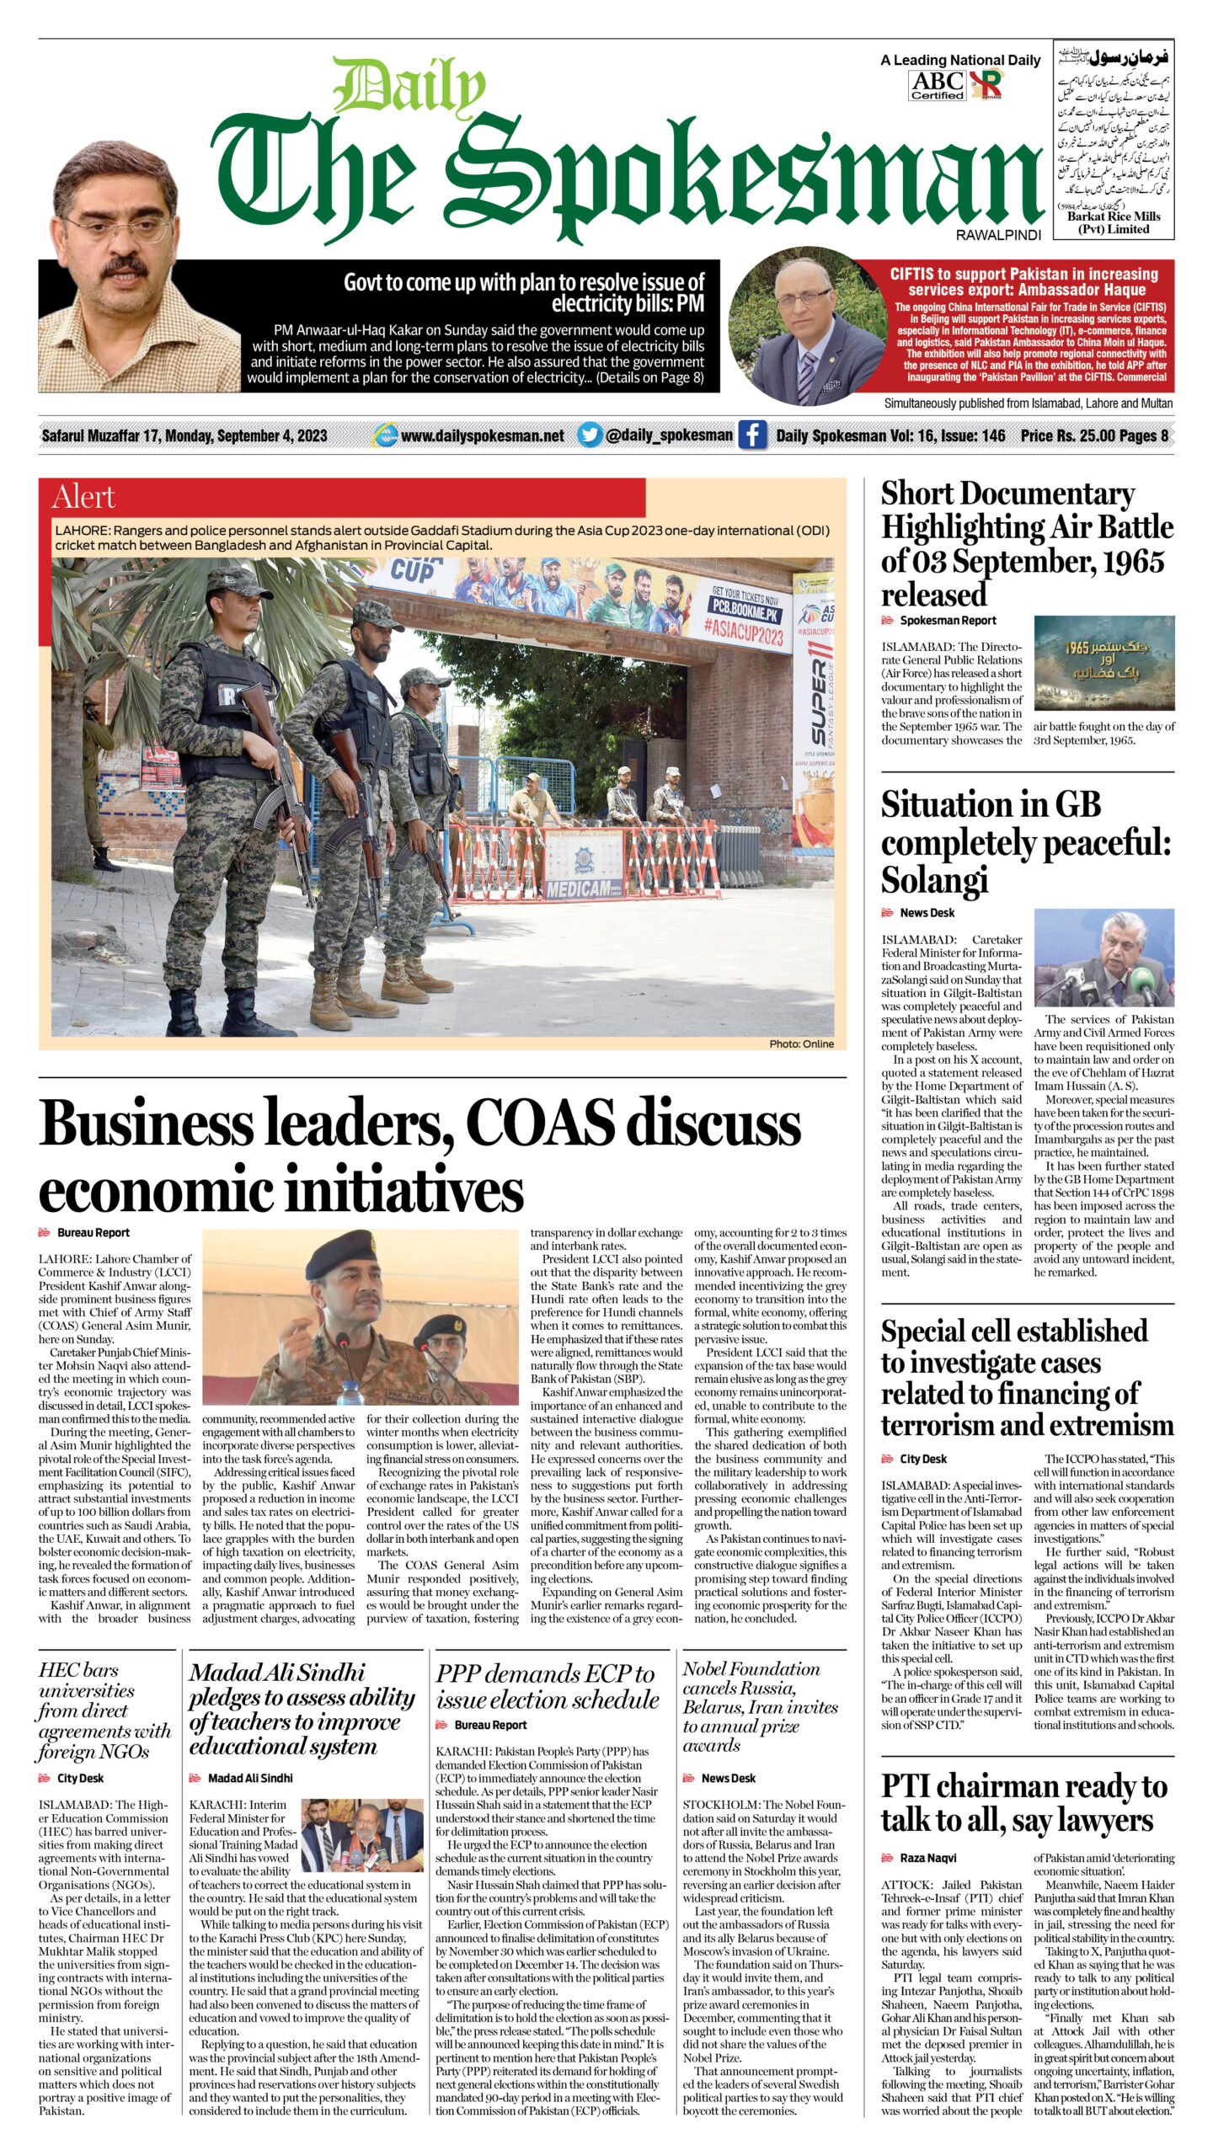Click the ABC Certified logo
[x=937, y=85]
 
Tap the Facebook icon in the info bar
[x=751, y=435]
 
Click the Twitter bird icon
[x=590, y=435]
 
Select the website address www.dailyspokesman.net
[x=483, y=435]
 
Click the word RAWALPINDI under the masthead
[x=998, y=236]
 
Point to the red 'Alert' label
[x=83, y=497]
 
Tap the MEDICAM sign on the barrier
[x=579, y=889]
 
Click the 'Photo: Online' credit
[x=800, y=1043]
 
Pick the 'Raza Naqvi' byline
[x=927, y=1857]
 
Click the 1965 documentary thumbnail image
[x=1103, y=664]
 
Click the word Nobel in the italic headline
[x=713, y=1668]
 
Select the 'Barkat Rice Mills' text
[x=1113, y=216]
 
